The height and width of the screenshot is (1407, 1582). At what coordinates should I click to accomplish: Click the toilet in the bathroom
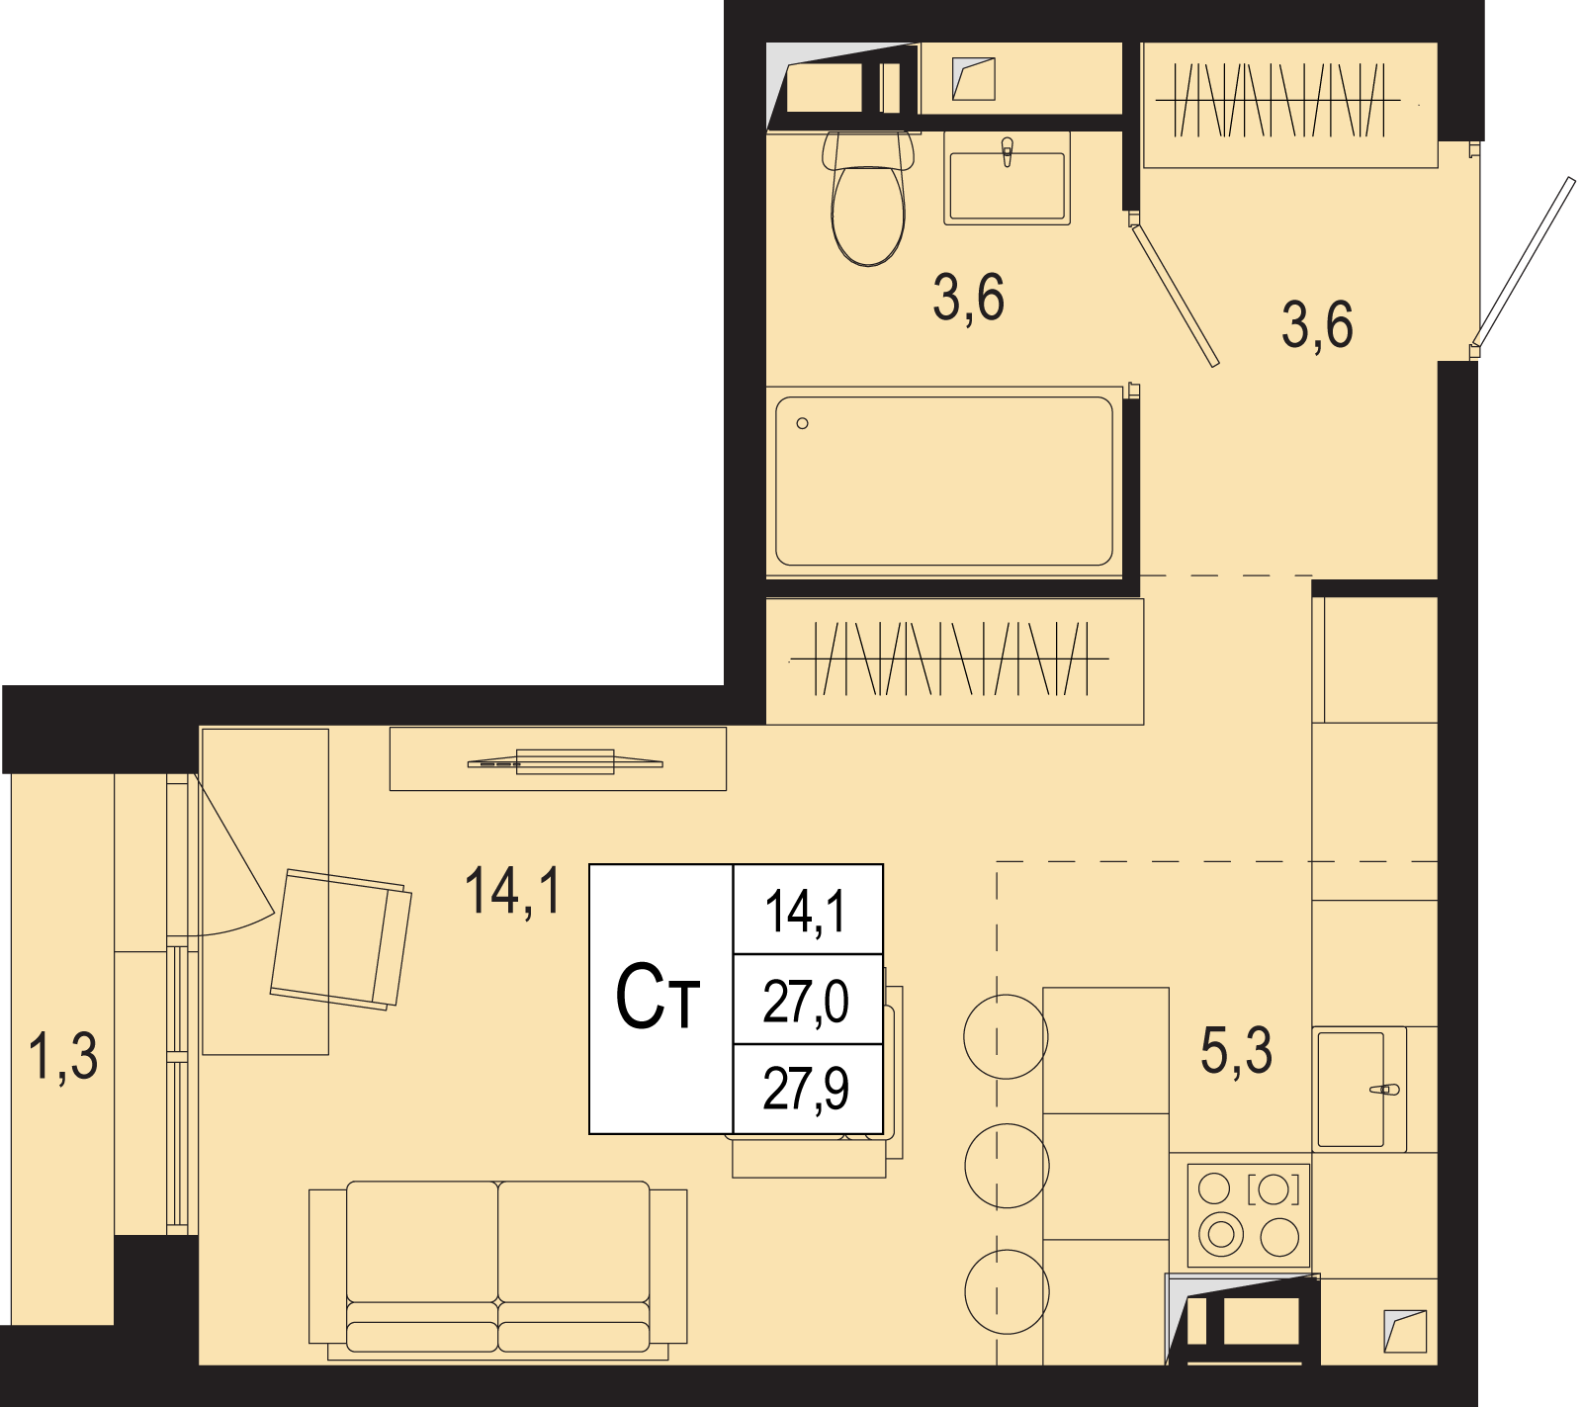(x=868, y=198)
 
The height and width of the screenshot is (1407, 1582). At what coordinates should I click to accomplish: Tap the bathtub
(x=944, y=482)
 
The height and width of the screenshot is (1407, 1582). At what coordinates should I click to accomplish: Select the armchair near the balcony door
(x=341, y=939)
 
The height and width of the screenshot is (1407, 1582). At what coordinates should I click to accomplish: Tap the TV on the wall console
(x=565, y=762)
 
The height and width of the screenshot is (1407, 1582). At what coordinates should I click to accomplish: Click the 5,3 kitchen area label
(x=1236, y=1050)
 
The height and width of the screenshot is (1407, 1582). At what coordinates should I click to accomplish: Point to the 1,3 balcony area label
(x=63, y=1055)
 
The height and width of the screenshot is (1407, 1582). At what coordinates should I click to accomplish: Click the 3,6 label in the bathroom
(x=968, y=297)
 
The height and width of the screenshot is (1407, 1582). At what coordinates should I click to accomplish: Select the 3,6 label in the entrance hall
(x=1317, y=324)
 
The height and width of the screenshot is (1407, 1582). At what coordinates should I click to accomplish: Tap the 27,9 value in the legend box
(x=806, y=1089)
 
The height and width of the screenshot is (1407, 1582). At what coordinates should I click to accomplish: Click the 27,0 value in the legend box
(x=806, y=1001)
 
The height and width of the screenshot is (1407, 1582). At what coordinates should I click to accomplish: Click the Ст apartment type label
(x=658, y=997)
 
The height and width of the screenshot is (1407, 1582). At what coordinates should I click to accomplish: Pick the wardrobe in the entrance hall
(x=1289, y=105)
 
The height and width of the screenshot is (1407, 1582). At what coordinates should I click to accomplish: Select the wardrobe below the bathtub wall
(x=954, y=660)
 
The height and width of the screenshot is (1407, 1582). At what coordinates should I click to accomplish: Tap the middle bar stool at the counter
(x=1006, y=1165)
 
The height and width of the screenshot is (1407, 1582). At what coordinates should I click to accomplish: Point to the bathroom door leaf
(x=1175, y=293)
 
